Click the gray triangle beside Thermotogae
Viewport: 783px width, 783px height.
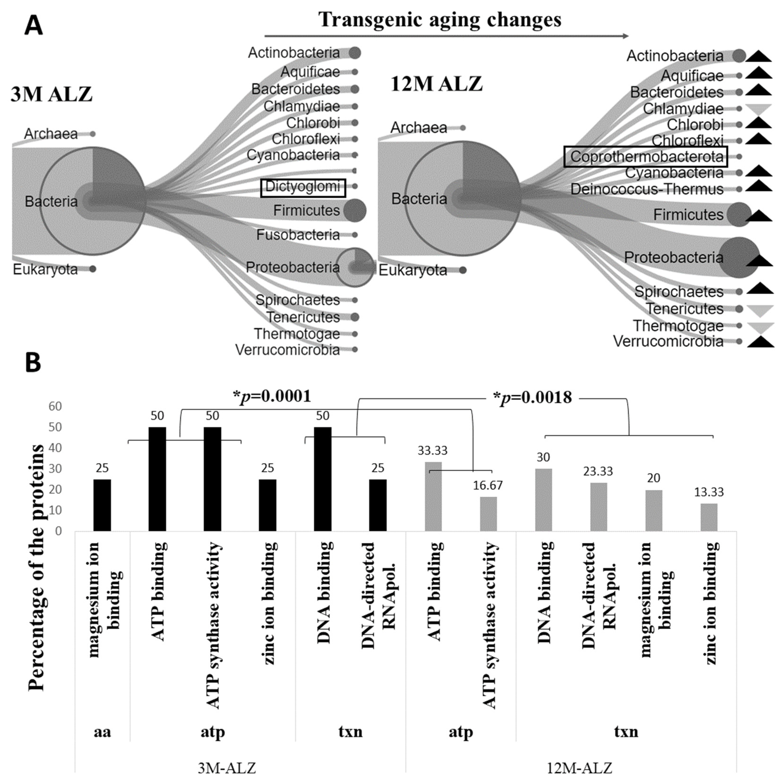[760, 327]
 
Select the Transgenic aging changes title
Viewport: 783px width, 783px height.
[440, 19]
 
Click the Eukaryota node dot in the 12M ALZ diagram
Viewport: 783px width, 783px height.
[463, 270]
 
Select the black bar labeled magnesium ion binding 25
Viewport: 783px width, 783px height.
[102, 505]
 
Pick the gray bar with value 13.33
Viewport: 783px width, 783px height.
[709, 517]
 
